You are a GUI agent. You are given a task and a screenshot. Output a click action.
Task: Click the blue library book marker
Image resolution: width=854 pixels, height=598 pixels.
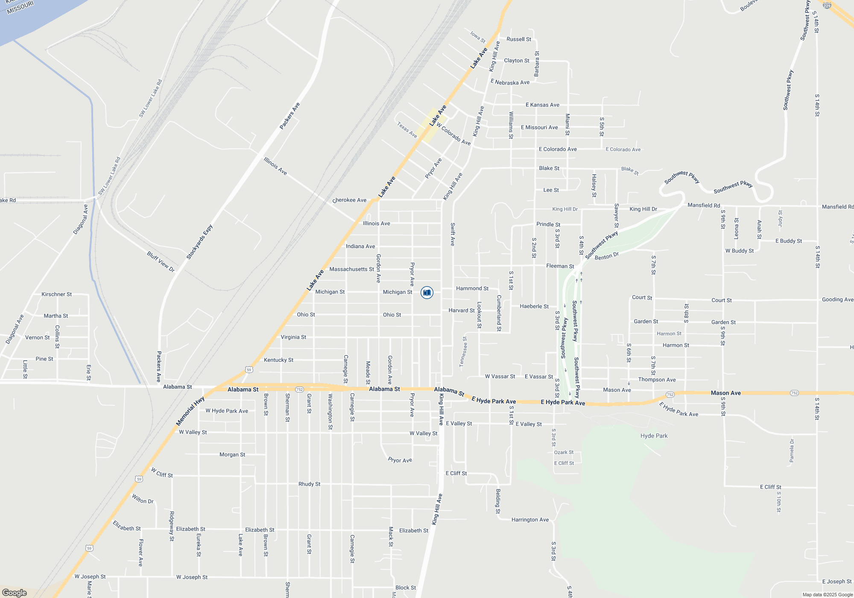point(427,293)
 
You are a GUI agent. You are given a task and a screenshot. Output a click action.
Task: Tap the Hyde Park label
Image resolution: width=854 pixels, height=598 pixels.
point(654,436)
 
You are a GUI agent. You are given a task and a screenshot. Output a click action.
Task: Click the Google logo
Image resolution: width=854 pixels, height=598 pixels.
point(15,593)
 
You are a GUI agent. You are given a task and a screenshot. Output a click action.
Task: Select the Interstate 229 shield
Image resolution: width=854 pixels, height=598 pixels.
point(827,6)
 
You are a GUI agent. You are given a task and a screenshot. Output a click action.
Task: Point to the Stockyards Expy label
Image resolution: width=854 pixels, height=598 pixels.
point(199,242)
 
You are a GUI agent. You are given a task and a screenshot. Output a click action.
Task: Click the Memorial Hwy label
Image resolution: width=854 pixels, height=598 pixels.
point(190,411)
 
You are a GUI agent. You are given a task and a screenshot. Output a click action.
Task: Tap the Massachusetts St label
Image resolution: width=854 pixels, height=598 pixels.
point(351,269)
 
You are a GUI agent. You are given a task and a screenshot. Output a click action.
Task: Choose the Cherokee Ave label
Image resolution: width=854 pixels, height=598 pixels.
point(349,200)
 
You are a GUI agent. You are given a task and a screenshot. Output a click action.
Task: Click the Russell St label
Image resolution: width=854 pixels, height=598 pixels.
point(519,39)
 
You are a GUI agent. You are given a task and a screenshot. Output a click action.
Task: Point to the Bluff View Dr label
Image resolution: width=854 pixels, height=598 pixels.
point(161,261)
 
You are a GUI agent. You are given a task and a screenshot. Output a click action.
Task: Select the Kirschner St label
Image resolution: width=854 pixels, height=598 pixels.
point(56,294)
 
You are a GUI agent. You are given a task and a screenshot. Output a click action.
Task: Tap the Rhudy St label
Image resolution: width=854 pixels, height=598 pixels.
point(309,484)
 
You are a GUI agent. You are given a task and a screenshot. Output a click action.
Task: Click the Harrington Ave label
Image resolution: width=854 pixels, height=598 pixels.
point(530,519)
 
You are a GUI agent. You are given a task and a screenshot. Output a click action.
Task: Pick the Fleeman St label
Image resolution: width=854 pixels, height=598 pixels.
point(560,266)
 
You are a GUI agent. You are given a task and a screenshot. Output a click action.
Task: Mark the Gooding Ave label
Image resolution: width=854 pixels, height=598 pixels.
point(837,299)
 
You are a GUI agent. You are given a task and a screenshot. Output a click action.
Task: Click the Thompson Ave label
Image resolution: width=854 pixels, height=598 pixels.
point(657,379)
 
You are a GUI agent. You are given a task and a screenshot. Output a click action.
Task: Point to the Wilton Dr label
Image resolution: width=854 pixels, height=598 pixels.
point(143,499)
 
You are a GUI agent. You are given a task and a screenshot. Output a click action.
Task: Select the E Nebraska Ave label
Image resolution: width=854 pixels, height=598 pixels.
point(510,82)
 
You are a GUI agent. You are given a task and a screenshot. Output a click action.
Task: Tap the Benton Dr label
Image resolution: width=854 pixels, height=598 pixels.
point(606,256)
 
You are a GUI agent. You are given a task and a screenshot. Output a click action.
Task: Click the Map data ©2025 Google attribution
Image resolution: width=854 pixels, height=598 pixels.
point(828,595)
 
